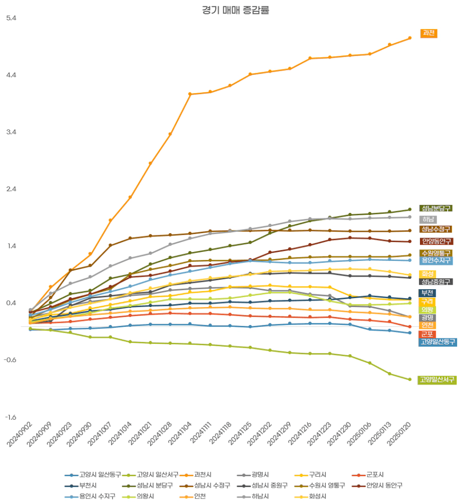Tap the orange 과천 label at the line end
429,33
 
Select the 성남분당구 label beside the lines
436,208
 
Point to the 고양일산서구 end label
438,380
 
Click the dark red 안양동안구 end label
436,242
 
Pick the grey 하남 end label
428,219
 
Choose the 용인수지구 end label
436,260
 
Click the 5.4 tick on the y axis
11,18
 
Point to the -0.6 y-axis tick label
11,360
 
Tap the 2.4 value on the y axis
11,189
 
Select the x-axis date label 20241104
182,436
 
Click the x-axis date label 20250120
402,436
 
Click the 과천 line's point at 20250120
409,38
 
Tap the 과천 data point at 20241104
190,94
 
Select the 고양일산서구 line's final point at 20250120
409,379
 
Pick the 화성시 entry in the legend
317,497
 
